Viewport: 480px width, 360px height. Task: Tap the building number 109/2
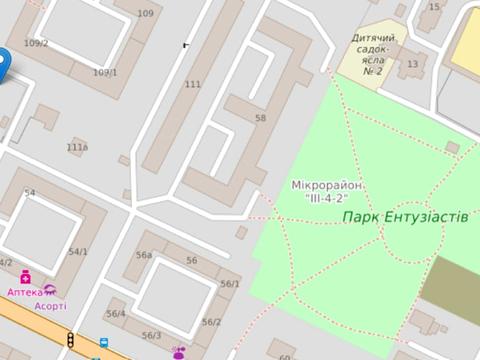(x=36, y=43)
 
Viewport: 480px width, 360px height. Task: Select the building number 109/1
(x=105, y=72)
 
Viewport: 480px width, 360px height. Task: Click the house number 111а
(x=77, y=147)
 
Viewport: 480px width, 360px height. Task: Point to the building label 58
(x=261, y=118)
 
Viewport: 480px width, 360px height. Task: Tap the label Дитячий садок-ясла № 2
(x=373, y=54)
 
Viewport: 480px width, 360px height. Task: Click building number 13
(x=412, y=64)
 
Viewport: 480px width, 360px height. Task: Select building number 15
(x=434, y=7)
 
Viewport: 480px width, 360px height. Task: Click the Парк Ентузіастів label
(x=404, y=216)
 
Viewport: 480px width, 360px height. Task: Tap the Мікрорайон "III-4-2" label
(x=327, y=192)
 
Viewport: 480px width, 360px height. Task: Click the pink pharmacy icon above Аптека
(x=25, y=278)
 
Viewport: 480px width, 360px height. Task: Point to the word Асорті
(x=50, y=306)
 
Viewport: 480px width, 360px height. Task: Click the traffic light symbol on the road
(x=71, y=342)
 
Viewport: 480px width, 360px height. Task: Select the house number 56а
(x=144, y=256)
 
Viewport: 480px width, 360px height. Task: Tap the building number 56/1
(x=230, y=284)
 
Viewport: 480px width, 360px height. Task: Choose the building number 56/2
(x=211, y=322)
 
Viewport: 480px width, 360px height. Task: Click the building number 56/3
(x=151, y=335)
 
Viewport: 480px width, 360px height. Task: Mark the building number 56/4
(x=116, y=314)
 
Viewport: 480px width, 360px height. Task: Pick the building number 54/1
(x=78, y=252)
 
